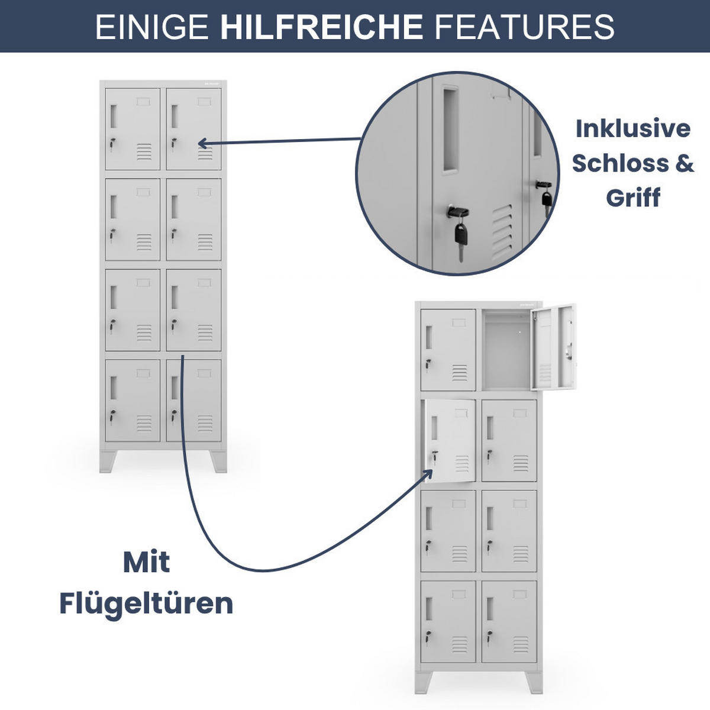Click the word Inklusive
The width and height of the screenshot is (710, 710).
[633, 128]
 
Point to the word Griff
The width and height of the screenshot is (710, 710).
[633, 198]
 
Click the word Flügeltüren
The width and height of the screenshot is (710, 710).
[146, 605]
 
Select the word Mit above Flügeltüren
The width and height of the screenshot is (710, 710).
[146, 563]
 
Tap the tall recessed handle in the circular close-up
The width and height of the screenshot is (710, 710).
[451, 129]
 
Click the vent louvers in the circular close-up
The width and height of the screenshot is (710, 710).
[502, 231]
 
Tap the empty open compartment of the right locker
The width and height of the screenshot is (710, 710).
[506, 350]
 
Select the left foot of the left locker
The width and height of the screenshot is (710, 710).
[108, 461]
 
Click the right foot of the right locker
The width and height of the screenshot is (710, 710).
[534, 682]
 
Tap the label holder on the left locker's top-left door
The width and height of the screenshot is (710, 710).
[143, 101]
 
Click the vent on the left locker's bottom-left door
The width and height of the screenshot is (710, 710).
[144, 424]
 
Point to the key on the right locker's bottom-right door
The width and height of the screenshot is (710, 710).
[489, 637]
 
